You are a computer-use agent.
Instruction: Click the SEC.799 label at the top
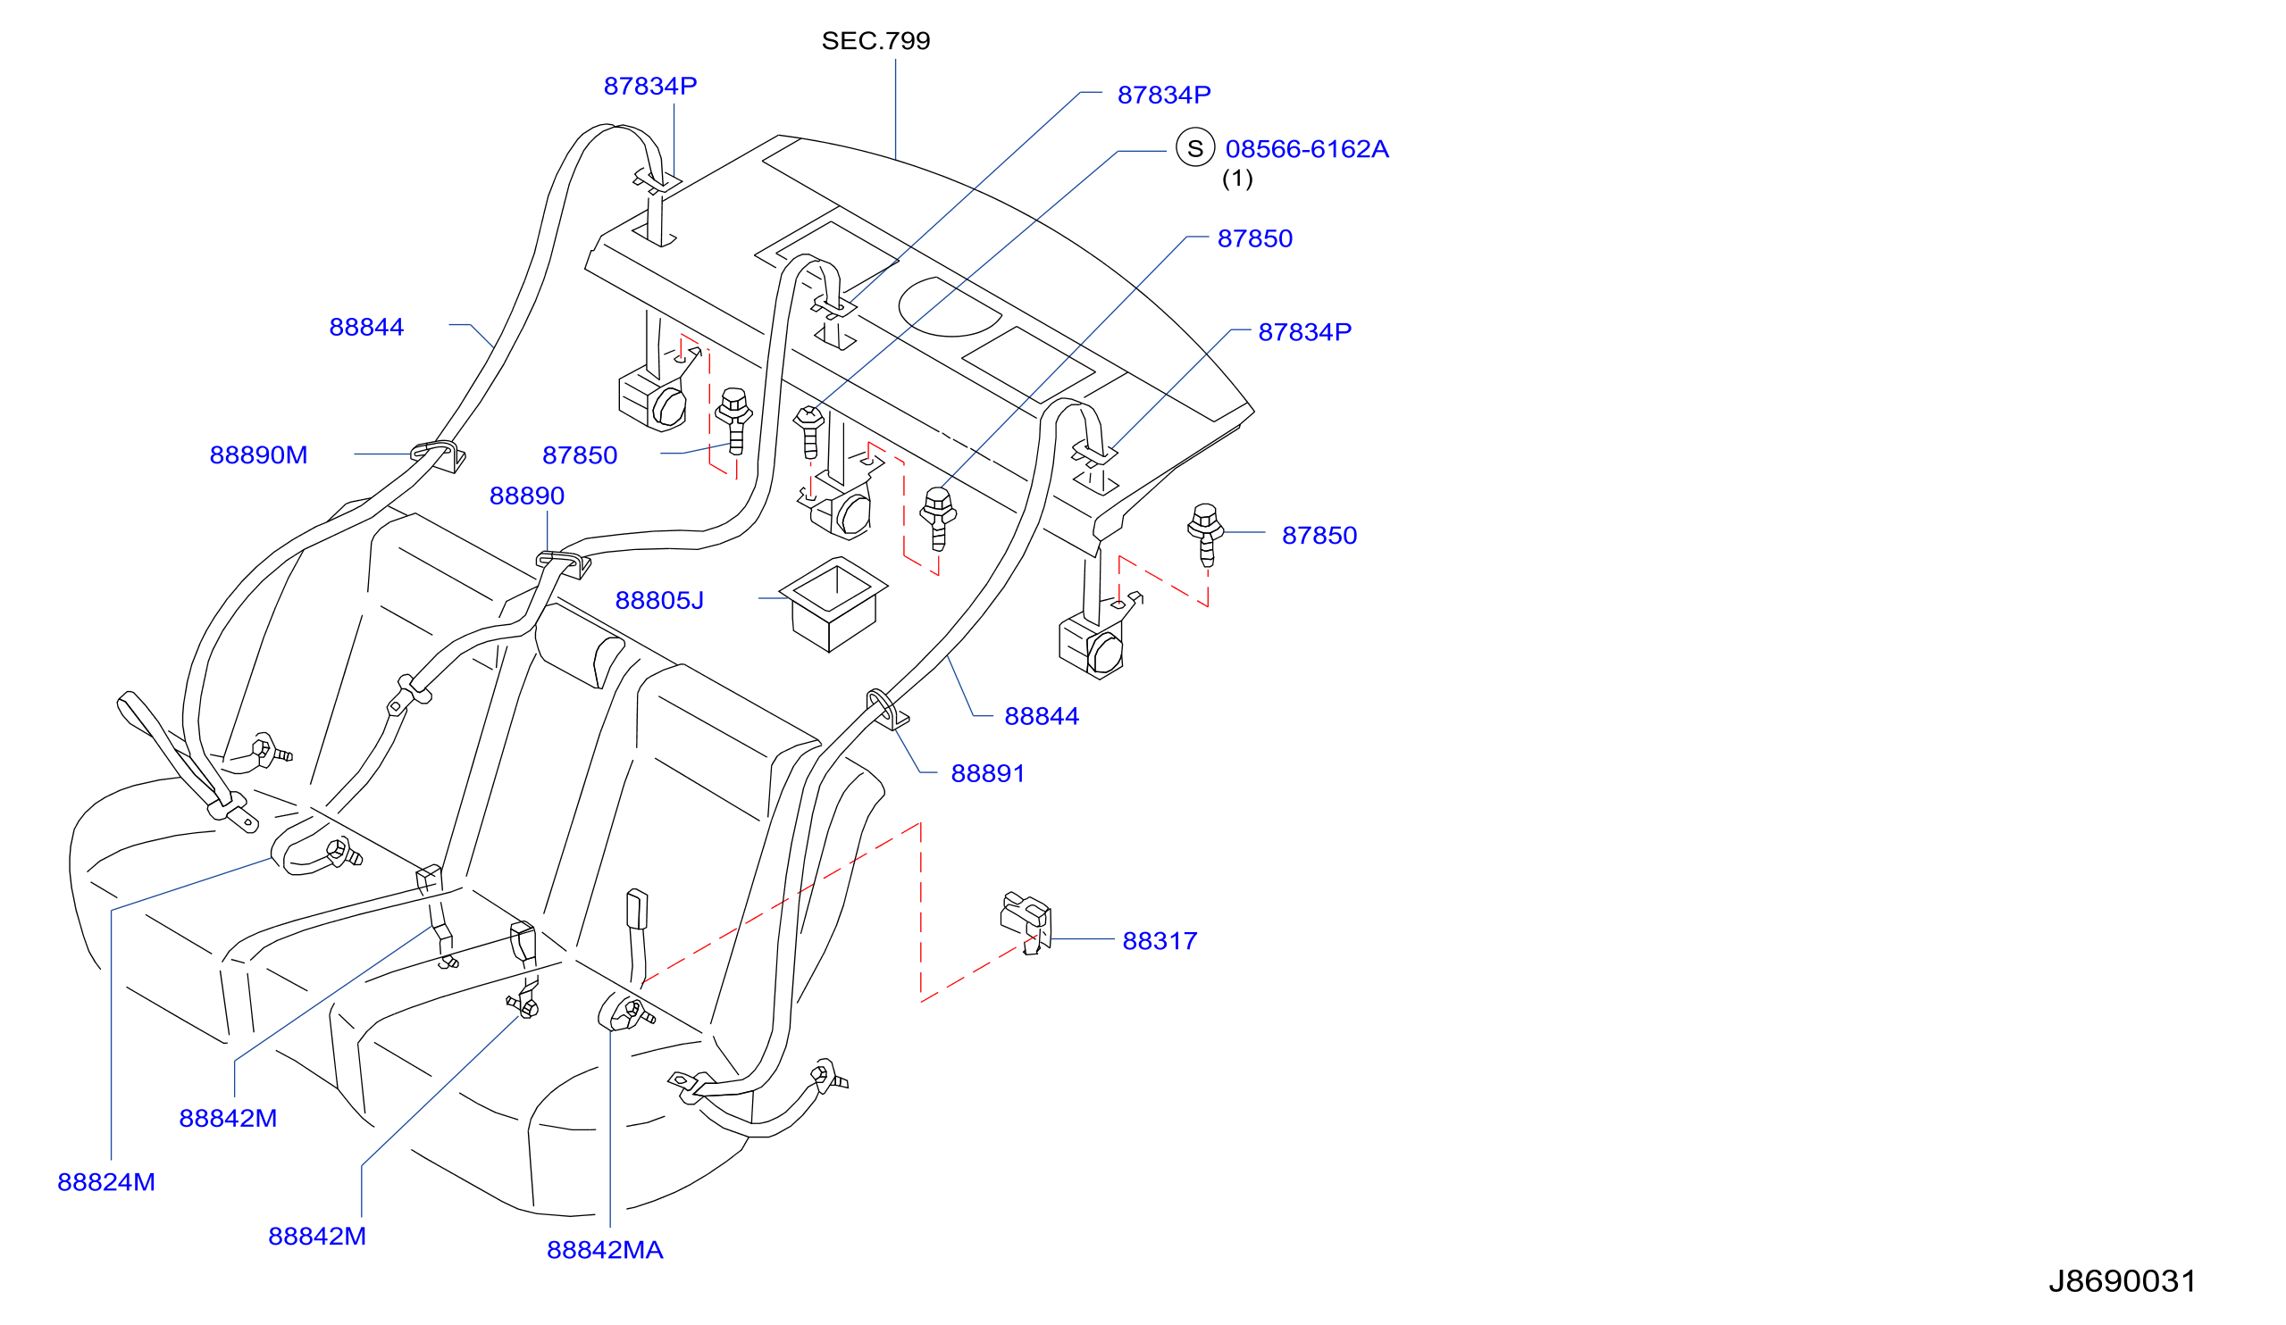pos(875,41)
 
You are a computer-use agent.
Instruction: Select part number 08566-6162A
pos(1306,149)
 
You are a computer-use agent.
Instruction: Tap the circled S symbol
pos(1194,147)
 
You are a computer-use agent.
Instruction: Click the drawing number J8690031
pos(2122,1280)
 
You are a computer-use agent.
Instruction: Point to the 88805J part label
pos(658,600)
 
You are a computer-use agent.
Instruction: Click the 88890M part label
pos(258,455)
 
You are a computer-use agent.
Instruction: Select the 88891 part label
pos(988,773)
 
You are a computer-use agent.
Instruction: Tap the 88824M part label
pos(106,1183)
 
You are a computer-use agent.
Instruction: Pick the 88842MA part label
pos(605,1251)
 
